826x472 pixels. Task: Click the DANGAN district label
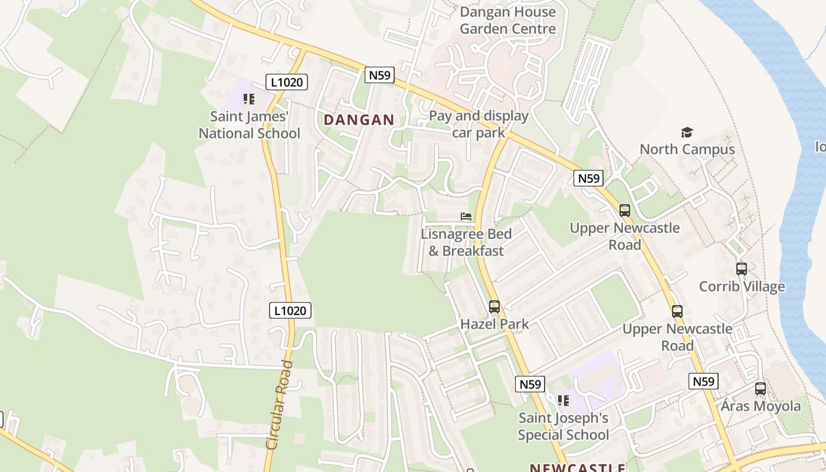point(359,120)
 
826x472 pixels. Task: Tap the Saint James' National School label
point(249,125)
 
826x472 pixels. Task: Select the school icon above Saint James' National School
point(249,99)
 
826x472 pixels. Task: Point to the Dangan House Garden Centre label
point(507,20)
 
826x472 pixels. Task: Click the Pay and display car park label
point(478,124)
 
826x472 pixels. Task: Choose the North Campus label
point(687,149)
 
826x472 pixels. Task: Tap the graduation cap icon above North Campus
point(687,132)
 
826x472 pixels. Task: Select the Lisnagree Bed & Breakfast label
point(466,242)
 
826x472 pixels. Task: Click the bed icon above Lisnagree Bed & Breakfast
point(466,217)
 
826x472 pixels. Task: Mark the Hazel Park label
point(494,324)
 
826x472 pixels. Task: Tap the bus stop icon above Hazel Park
point(494,307)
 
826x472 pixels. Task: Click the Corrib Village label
point(742,287)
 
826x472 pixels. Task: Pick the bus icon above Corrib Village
point(742,269)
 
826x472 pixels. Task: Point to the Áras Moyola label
point(761,406)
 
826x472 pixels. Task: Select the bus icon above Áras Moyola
point(761,389)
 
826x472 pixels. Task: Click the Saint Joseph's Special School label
point(563,427)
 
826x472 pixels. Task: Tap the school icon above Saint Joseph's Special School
point(563,401)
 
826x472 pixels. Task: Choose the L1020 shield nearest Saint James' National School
point(287,82)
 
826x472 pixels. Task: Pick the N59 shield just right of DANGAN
point(379,75)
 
